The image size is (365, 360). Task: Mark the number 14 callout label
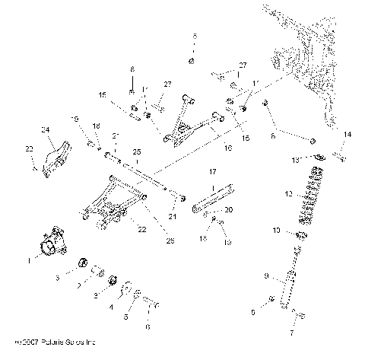point(348,134)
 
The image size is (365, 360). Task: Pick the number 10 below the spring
point(278,229)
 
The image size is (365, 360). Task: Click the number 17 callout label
point(214,173)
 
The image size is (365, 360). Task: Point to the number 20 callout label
point(230,209)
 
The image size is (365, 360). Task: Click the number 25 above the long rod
point(138,151)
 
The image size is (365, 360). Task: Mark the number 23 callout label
point(30,148)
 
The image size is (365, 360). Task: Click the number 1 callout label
point(29,260)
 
